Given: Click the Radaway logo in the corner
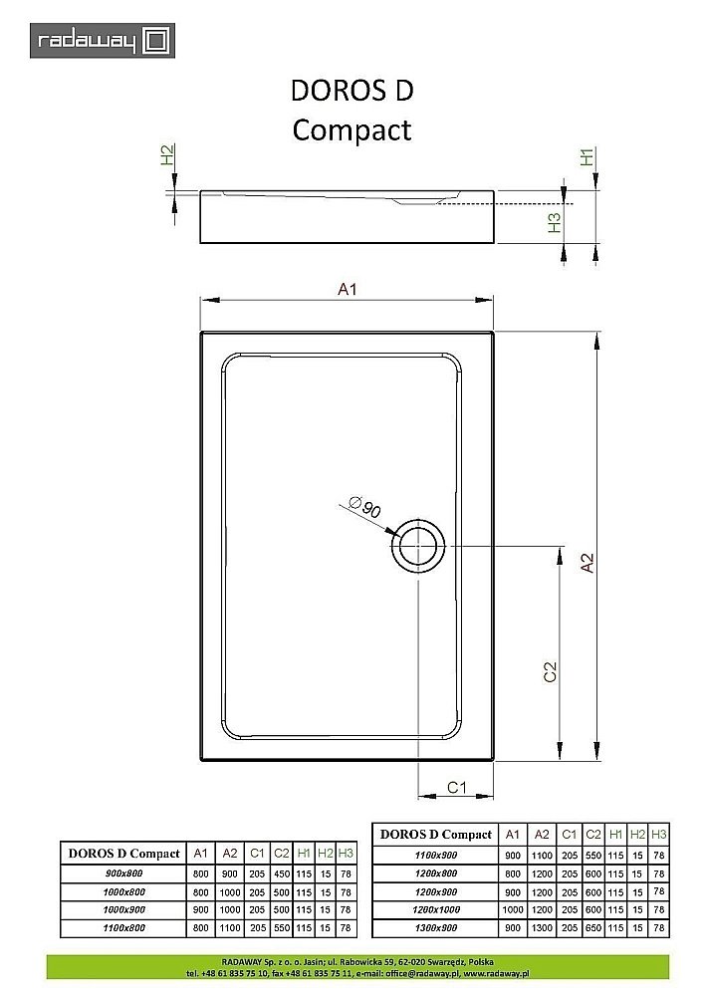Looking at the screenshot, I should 102,41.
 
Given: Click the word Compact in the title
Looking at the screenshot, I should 352,129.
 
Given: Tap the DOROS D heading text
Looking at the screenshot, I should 352,91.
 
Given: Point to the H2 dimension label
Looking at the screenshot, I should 167,155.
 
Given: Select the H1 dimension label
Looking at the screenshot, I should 587,156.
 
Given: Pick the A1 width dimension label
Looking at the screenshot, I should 347,290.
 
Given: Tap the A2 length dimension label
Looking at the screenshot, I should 587,563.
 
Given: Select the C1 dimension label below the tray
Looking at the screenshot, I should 456,787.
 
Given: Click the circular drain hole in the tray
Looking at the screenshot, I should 417,547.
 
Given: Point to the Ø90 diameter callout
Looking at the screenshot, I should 366,510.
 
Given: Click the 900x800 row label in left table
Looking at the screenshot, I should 123,872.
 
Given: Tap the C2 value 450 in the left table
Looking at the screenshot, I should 282,872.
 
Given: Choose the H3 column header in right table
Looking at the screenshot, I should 658,834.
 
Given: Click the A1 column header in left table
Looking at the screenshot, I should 200,854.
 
